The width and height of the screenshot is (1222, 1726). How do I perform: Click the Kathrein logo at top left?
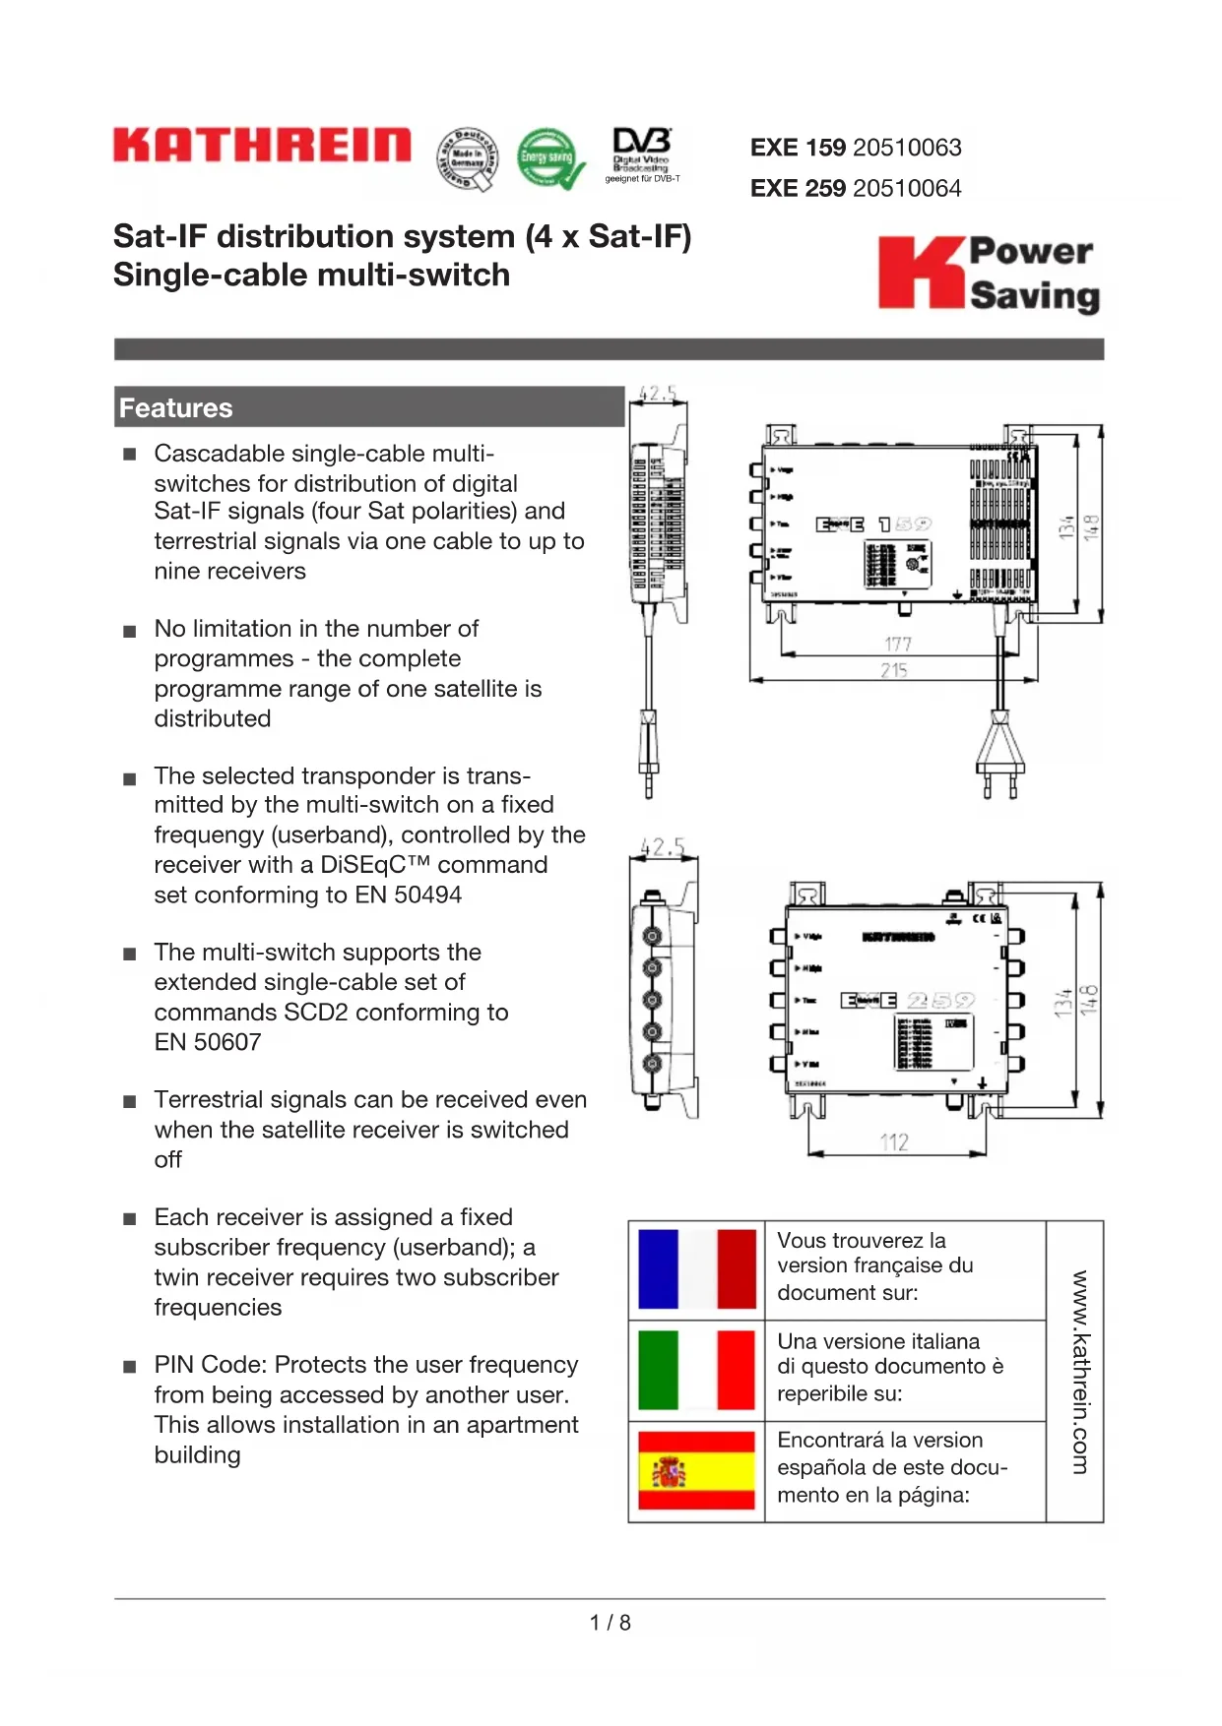262,145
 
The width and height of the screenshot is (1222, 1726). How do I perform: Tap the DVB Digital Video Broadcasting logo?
642,154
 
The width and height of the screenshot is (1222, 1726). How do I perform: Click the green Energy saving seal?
548,157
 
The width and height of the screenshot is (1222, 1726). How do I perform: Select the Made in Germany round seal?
467,158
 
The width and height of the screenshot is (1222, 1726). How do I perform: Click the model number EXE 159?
798,148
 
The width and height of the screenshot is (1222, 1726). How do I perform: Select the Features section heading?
176,408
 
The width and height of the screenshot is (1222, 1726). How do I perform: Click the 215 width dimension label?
894,670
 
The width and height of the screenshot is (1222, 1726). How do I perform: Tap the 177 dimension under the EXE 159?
897,645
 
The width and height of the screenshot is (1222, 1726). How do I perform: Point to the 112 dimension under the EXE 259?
894,1142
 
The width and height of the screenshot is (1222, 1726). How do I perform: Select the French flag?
696,1269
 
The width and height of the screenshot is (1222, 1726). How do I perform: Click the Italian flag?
696,1370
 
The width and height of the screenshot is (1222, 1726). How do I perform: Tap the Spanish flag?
696,1471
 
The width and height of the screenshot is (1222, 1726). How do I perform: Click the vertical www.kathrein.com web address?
1080,1372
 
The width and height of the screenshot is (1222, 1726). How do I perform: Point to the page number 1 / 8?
611,1623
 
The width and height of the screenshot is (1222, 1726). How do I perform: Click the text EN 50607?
208,1042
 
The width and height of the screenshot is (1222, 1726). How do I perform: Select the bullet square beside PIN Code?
130,1367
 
